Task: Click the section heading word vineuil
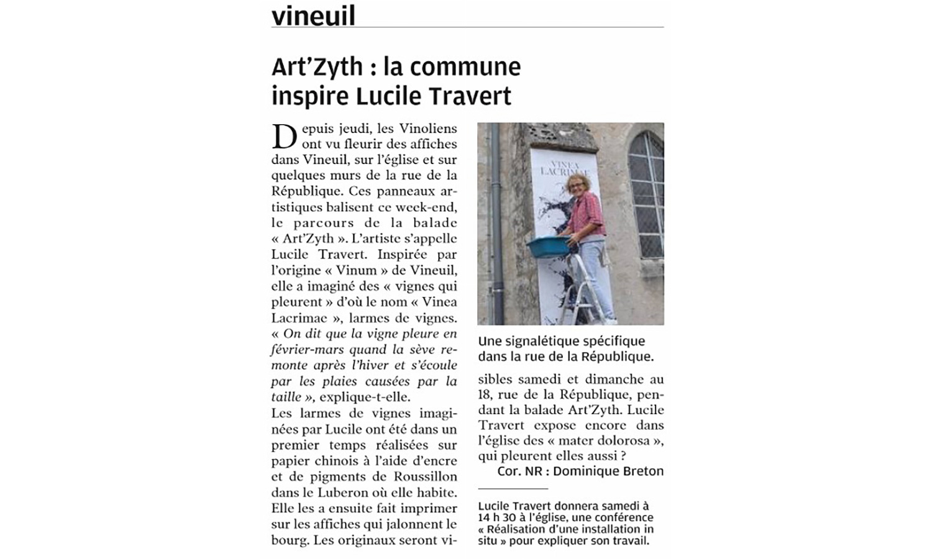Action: [x=313, y=16]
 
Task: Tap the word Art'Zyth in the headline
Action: [x=317, y=66]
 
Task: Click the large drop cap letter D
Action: [x=284, y=136]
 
